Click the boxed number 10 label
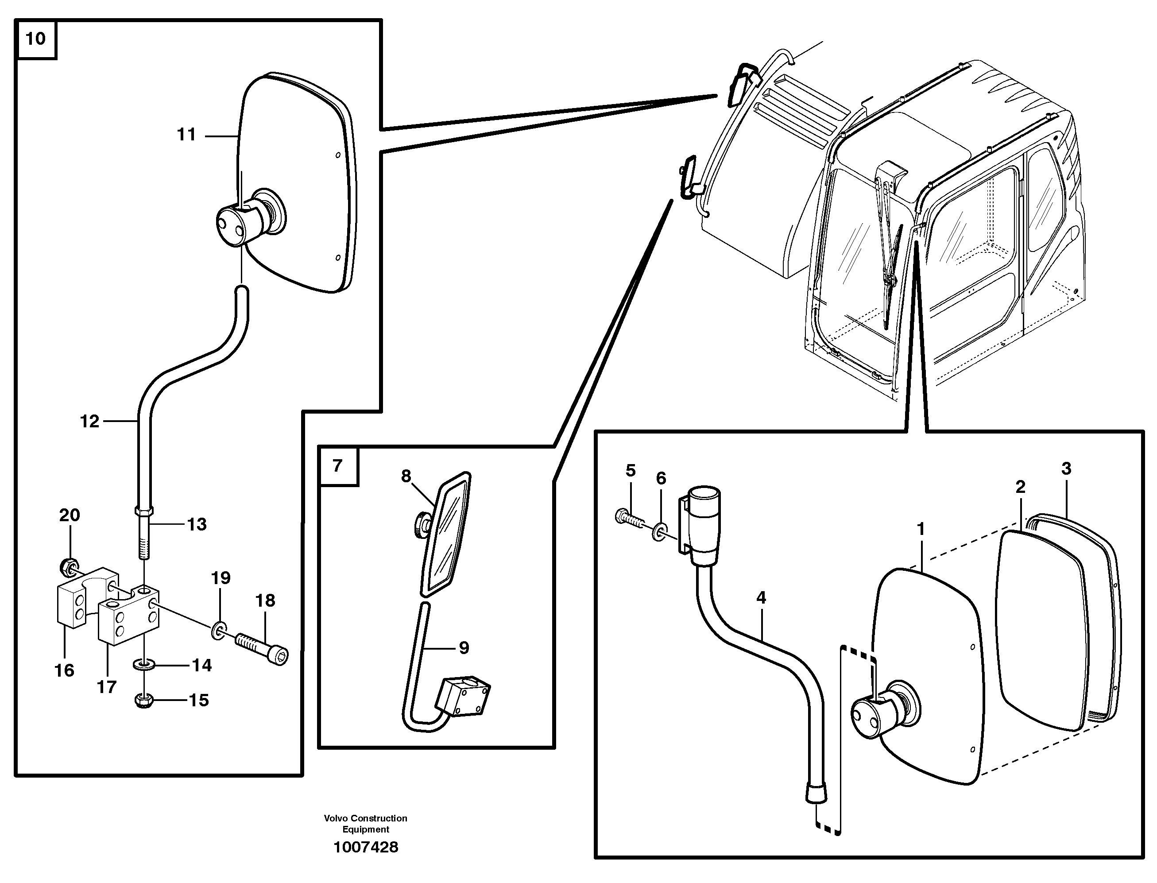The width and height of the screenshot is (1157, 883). (x=36, y=39)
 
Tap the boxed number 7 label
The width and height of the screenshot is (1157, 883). (x=338, y=466)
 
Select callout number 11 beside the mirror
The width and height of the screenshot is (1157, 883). (x=186, y=135)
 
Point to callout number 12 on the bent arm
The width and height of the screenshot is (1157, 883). (x=89, y=422)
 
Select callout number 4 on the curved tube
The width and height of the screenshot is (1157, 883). (x=761, y=598)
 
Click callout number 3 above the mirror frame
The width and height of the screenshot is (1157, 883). (x=1066, y=469)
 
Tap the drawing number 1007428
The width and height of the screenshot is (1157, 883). (x=366, y=847)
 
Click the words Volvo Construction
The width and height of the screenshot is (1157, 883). (x=366, y=818)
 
